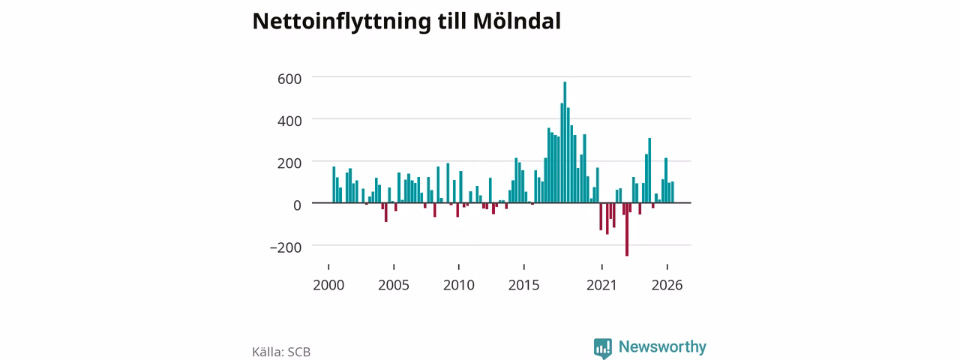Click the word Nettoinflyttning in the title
click(341, 22)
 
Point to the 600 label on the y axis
click(289, 79)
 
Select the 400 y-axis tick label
click(289, 121)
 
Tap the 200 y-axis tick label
click(289, 163)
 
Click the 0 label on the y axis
click(297, 205)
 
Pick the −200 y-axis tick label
click(286, 247)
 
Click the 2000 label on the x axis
click(328, 285)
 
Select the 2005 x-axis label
click(394, 285)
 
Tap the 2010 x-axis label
click(458, 285)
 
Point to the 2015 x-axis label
click(523, 285)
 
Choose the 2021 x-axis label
click(601, 285)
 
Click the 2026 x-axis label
click(667, 285)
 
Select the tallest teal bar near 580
click(565, 142)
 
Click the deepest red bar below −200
click(627, 229)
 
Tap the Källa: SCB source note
click(281, 352)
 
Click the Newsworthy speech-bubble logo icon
click(602, 348)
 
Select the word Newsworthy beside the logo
click(662, 346)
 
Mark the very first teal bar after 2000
click(334, 184)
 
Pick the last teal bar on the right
click(673, 192)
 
